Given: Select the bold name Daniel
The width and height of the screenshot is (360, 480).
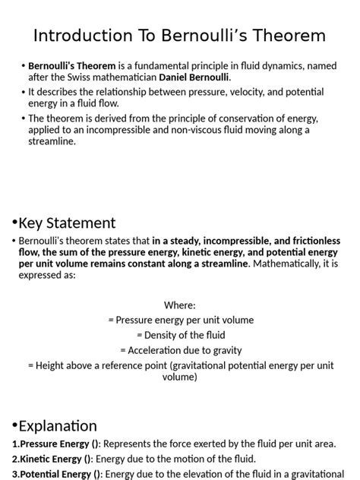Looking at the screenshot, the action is coord(176,77).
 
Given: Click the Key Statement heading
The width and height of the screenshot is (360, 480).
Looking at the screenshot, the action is coord(67,223).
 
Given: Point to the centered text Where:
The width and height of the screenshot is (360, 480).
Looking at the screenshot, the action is coord(180,305).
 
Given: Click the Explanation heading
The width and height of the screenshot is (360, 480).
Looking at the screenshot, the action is coord(58,425).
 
